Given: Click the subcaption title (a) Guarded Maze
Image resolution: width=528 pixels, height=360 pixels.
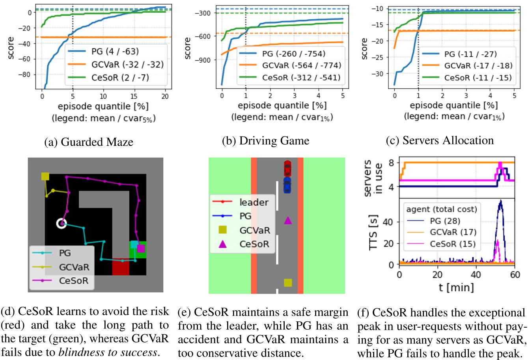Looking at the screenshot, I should (89, 142).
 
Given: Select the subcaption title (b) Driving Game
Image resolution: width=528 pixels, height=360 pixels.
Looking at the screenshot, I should (265, 141).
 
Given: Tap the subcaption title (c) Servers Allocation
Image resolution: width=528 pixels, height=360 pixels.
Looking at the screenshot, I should (440, 140).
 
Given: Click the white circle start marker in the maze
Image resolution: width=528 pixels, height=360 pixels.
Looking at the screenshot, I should (61, 224).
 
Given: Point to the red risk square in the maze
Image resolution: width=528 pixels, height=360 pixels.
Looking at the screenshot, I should (121, 267).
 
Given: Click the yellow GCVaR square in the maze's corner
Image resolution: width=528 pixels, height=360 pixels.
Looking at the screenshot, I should (45, 176).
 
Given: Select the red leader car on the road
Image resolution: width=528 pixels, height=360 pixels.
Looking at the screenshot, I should (287, 168).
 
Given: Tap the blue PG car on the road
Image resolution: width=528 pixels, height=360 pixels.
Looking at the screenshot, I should (287, 185).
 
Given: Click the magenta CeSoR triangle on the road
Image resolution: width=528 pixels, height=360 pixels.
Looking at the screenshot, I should (288, 220).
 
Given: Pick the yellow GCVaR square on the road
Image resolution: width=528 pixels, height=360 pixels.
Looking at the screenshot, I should (288, 282).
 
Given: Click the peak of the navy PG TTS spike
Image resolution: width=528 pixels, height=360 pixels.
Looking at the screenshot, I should (500, 201).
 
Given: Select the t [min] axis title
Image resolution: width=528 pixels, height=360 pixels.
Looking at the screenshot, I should (456, 287).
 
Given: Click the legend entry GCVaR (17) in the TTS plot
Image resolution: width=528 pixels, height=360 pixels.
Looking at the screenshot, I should (453, 232).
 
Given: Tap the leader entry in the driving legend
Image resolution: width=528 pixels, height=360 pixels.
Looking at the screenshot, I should (254, 202).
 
